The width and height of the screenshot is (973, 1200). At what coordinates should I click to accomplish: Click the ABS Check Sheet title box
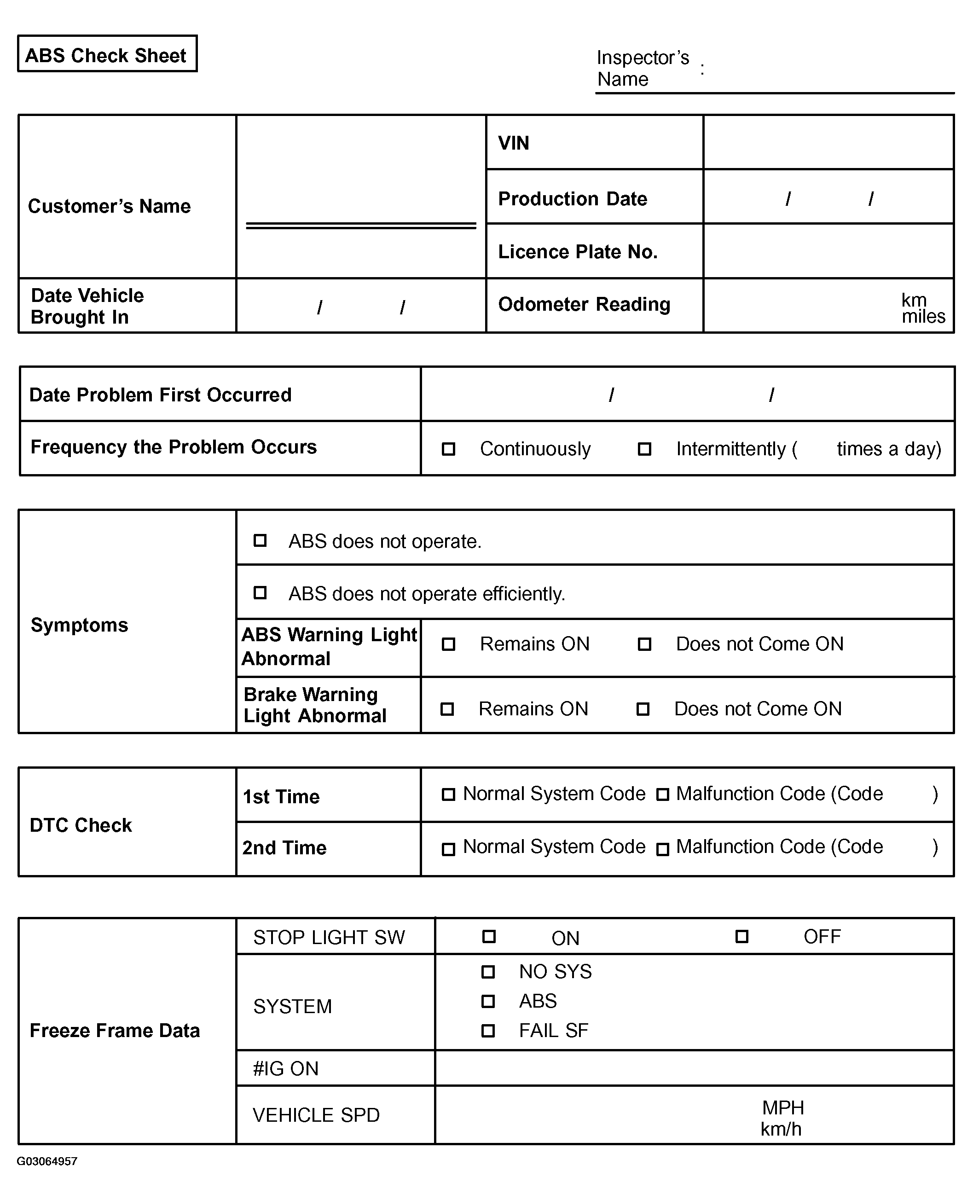[107, 54]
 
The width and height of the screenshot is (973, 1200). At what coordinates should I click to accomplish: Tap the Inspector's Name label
[643, 69]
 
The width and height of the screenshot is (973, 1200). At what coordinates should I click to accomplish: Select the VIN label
[513, 144]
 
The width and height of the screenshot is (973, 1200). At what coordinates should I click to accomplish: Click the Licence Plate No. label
[577, 252]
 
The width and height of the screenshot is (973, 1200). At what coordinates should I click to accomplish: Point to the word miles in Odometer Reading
[923, 317]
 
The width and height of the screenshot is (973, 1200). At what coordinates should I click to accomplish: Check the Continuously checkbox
[448, 449]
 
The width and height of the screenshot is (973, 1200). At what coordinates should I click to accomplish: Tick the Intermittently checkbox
[644, 449]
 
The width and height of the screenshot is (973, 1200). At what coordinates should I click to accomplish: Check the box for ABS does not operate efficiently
[260, 593]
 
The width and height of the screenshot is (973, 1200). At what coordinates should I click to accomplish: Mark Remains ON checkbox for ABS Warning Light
[448, 644]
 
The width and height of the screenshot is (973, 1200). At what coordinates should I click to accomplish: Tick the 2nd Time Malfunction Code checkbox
[662, 849]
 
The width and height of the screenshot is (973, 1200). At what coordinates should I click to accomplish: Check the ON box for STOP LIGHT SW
[489, 937]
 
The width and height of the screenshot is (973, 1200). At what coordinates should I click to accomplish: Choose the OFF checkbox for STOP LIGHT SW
[741, 937]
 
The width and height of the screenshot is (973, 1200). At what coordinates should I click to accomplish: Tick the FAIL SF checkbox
[488, 1031]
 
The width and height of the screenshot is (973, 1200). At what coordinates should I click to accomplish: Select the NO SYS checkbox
[488, 971]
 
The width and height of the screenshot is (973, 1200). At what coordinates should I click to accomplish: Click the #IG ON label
[286, 1069]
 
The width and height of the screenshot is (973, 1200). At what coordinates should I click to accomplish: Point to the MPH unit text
[783, 1107]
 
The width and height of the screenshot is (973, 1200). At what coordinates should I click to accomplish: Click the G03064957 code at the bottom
[47, 1161]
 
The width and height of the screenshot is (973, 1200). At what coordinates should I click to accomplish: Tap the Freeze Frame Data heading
[115, 1031]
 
